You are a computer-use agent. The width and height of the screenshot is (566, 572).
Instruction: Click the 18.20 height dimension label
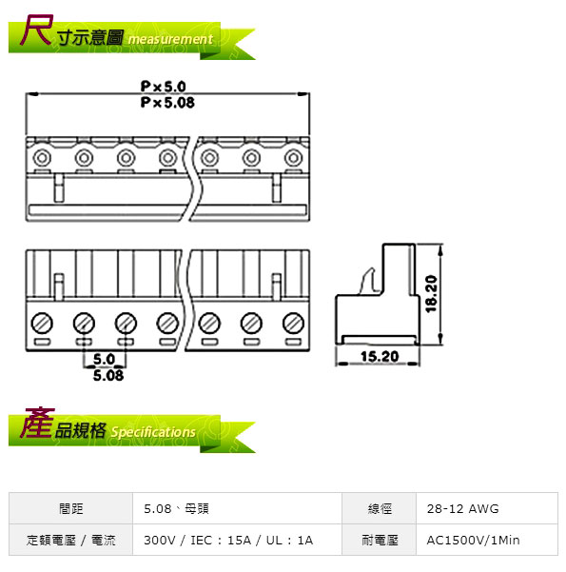pyautogui.click(x=431, y=294)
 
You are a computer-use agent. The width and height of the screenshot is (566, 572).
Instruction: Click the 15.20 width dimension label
pyautogui.click(x=380, y=356)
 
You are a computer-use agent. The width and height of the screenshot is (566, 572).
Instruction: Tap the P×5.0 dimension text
pyautogui.click(x=164, y=87)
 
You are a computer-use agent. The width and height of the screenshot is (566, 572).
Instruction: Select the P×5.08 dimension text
pyautogui.click(x=167, y=103)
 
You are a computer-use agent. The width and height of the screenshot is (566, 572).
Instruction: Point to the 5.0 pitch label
pyautogui.click(x=104, y=360)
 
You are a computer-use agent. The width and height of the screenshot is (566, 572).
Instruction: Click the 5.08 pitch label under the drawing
pyautogui.click(x=108, y=375)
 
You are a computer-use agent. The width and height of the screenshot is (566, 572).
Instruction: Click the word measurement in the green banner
pyautogui.click(x=170, y=39)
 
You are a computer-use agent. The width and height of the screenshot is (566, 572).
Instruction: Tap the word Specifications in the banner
pyautogui.click(x=153, y=432)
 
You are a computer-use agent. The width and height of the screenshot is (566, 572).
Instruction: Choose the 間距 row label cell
pyautogui.click(x=71, y=508)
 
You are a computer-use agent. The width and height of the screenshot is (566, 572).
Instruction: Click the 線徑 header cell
pyautogui.click(x=380, y=508)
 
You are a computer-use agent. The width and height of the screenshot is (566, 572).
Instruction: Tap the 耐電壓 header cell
pyautogui.click(x=380, y=540)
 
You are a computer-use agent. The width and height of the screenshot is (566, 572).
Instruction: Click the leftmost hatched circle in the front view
pyautogui.click(x=42, y=323)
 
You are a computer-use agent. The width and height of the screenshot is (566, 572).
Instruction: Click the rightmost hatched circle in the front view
pyautogui.click(x=294, y=323)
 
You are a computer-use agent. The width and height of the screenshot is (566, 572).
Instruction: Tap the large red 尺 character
pyautogui.click(x=36, y=30)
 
